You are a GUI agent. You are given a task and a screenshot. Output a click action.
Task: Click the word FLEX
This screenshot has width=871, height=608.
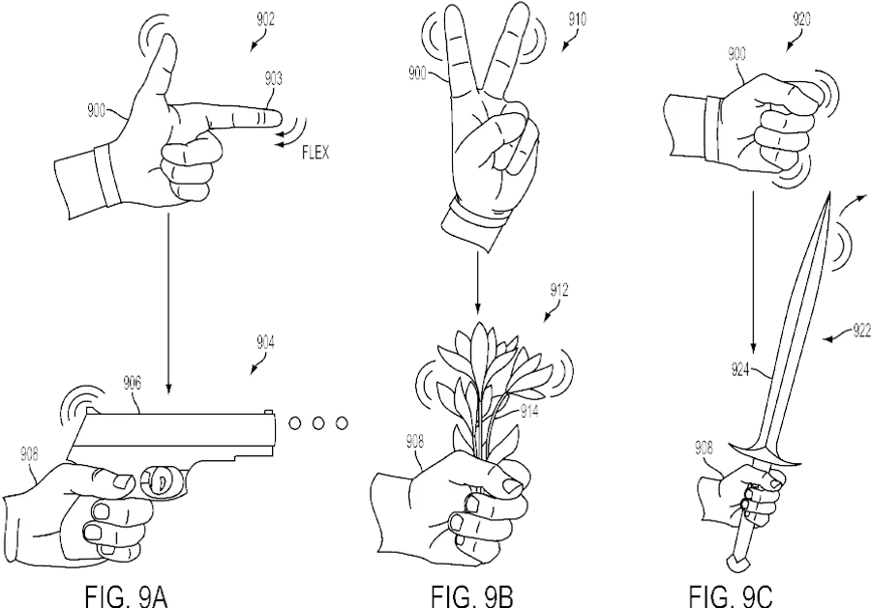point(315,153)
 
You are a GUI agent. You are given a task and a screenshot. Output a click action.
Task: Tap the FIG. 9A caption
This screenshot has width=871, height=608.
point(126,596)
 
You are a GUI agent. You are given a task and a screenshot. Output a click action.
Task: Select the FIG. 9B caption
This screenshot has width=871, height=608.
point(472,596)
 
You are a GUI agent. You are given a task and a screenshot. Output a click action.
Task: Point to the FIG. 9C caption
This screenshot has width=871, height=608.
point(731,596)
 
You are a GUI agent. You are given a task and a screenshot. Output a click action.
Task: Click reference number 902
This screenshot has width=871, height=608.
point(265,20)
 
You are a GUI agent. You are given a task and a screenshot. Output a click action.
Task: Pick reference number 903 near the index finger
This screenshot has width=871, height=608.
point(273,78)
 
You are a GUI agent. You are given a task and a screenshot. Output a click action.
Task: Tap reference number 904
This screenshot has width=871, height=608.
point(265,343)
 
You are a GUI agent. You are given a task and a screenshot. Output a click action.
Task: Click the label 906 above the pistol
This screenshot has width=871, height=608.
point(132,383)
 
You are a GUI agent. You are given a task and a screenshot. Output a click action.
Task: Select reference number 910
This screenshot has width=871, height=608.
point(577,20)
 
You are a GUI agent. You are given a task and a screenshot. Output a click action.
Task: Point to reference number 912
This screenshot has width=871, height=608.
point(559,290)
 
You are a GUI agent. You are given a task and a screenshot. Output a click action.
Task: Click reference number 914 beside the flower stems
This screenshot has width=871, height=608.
point(528,411)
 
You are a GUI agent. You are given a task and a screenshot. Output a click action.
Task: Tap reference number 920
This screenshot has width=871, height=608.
point(801,20)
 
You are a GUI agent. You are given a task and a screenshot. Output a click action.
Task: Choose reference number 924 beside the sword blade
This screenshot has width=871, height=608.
point(741,369)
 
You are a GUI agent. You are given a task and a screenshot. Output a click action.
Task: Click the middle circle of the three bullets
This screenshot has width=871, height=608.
point(317,423)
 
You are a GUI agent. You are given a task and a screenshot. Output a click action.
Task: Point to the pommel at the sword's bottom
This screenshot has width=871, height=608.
point(735,564)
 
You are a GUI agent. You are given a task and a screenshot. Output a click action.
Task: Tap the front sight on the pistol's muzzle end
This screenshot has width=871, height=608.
point(269,412)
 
